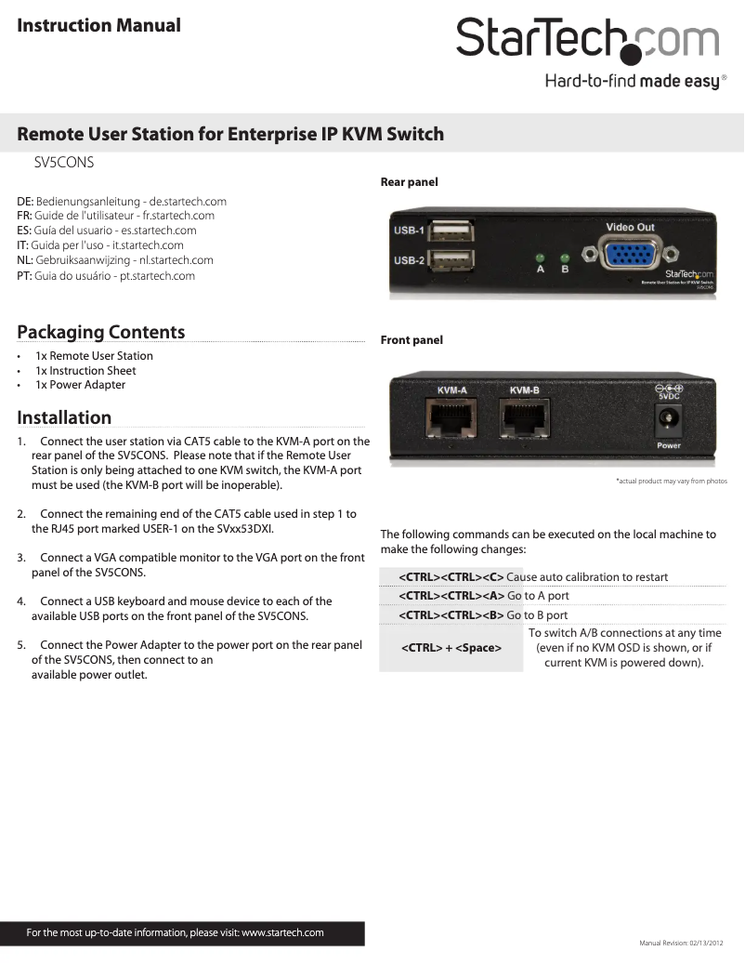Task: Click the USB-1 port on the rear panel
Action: point(451,231)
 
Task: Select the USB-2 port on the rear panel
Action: point(451,260)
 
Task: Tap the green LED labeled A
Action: point(541,258)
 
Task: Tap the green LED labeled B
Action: point(565,258)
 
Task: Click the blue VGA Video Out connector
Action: point(630,254)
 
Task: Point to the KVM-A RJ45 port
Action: point(452,417)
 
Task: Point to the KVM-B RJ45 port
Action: point(525,417)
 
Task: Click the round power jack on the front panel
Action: point(668,419)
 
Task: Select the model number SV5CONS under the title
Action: point(64,163)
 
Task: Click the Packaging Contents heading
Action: point(100,332)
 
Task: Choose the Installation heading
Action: point(64,417)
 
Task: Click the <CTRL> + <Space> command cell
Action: point(451,648)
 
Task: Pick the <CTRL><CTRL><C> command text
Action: point(451,577)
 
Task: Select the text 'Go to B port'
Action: point(538,615)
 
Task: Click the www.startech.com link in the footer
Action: point(282,932)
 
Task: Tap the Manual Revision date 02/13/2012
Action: point(706,944)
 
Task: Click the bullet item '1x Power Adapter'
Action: point(81,385)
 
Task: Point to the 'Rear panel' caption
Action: point(409,182)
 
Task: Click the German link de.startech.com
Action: point(188,202)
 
